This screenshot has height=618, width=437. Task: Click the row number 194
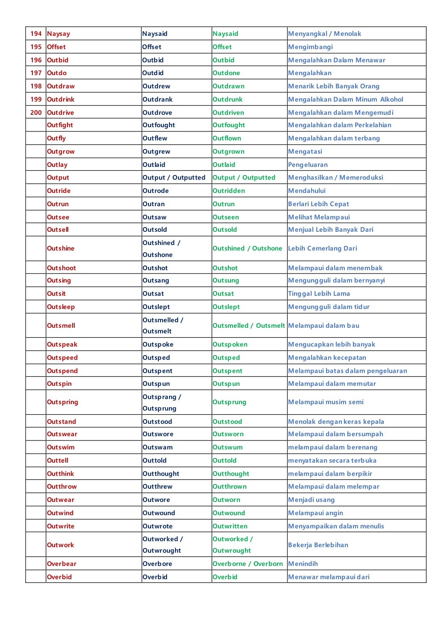pos(36,34)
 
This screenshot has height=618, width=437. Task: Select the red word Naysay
pos(58,34)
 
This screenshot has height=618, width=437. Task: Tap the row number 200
pos(36,113)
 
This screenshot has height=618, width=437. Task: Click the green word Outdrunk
pos(227,99)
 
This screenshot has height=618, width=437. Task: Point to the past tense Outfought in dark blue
pos(158,125)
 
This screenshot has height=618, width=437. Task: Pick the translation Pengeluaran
pos(308,165)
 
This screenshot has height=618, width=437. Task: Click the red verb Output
pos(58,178)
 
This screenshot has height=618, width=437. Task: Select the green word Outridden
pos(229,191)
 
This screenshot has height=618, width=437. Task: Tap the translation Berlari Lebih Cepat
pos(318,204)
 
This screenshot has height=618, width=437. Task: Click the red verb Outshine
pos(61,248)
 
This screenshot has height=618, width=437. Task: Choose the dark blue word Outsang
pos(156,280)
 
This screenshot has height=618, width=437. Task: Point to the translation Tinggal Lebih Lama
pos(319,294)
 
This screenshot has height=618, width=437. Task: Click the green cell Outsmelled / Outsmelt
pos(248,326)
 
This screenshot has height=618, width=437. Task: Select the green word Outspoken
pos(230,344)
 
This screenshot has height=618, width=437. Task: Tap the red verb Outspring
pos(62,402)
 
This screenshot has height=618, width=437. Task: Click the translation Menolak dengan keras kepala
pos(336,422)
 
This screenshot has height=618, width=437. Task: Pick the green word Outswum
pos(227,447)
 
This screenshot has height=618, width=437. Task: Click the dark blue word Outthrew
pos(157,487)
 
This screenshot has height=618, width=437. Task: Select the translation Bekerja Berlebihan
pos(318,545)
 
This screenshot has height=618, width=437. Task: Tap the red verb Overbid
pos(59,577)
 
